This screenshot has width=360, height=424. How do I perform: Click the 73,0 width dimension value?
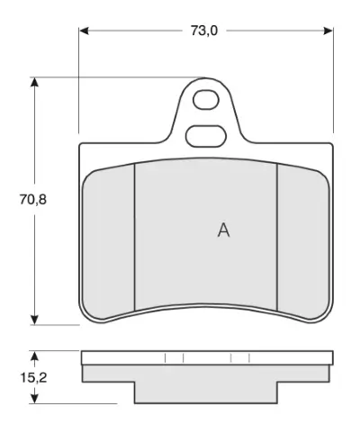(x=204, y=31)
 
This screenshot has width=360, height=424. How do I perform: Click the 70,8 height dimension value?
(x=33, y=200)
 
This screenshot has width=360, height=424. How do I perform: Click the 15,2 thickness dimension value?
(x=33, y=377)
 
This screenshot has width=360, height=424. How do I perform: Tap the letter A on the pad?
(x=223, y=230)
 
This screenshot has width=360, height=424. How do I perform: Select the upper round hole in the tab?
(x=206, y=100)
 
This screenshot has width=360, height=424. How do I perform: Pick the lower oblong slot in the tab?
(x=205, y=136)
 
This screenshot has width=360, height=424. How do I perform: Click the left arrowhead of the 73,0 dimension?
(x=84, y=31)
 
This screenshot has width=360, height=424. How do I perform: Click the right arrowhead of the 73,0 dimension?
(x=328, y=31)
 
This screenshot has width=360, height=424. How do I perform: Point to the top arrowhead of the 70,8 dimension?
(x=35, y=83)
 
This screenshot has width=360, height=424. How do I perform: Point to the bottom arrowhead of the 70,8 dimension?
(x=35, y=320)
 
